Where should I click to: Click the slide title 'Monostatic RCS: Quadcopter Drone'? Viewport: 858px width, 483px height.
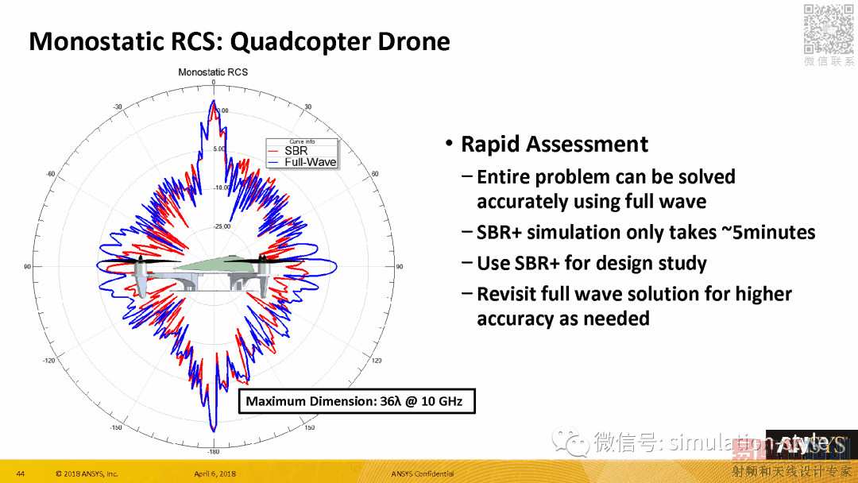pyautogui.click(x=239, y=41)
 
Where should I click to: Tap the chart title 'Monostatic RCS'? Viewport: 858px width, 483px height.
pyautogui.click(x=213, y=72)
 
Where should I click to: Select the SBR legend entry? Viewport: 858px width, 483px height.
pyautogui.click(x=296, y=151)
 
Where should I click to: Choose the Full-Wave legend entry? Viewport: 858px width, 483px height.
pyautogui.click(x=310, y=162)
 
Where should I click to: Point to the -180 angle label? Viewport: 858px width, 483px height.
pyautogui.click(x=213, y=451)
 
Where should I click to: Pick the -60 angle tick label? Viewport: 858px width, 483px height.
pyautogui.click(x=50, y=174)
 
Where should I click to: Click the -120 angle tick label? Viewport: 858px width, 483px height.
pyautogui.click(x=49, y=361)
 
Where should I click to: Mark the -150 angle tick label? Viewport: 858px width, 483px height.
pyautogui.click(x=117, y=428)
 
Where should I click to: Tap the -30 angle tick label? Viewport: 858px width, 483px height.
pyautogui.click(x=118, y=106)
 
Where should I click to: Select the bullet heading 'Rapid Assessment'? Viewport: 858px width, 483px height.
pyautogui.click(x=554, y=144)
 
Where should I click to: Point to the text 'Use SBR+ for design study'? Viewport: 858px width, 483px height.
pyautogui.click(x=591, y=263)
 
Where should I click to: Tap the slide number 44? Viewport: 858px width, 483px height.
pyautogui.click(x=21, y=474)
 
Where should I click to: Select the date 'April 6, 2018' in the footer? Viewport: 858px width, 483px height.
pyautogui.click(x=214, y=474)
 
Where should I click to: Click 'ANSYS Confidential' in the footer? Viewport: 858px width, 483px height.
pyautogui.click(x=423, y=474)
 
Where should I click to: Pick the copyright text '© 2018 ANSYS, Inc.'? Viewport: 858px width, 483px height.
pyautogui.click(x=87, y=474)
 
